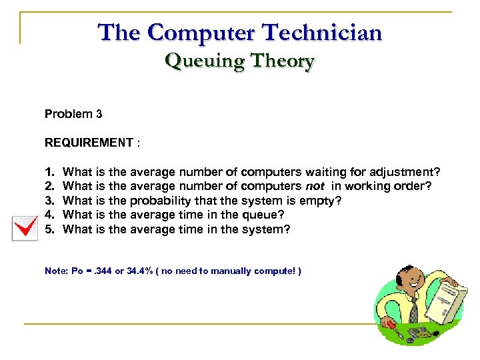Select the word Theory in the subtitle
[x=279, y=61]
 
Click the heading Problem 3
[x=73, y=114]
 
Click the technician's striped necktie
[x=415, y=308]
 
